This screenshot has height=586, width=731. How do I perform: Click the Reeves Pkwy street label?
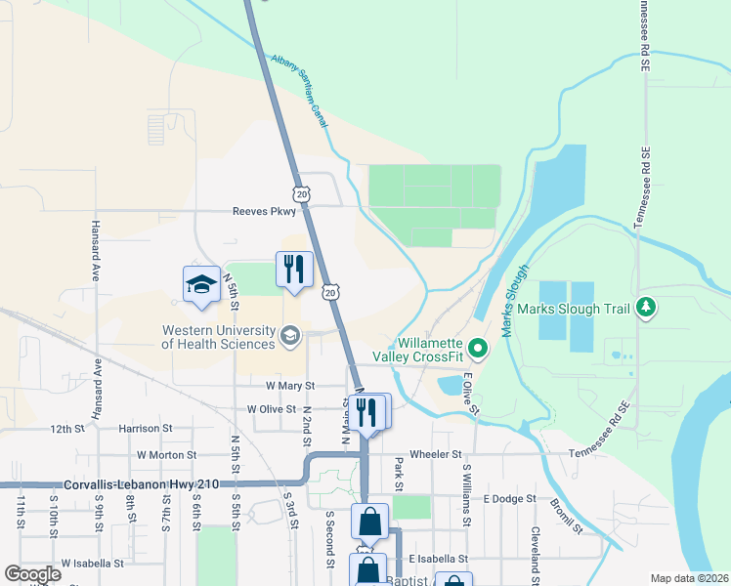tap(264, 211)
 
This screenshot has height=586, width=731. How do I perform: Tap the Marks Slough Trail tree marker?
tap(645, 309)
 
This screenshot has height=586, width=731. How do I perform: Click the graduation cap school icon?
tap(201, 284)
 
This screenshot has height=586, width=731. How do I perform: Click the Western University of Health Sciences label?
tap(218, 337)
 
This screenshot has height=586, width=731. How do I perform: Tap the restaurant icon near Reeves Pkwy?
tap(294, 269)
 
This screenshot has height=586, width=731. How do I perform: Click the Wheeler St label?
tap(436, 454)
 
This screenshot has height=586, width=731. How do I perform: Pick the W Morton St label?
tap(167, 455)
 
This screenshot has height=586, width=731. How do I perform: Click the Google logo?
tap(32, 574)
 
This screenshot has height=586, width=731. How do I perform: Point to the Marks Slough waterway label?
tap(517, 302)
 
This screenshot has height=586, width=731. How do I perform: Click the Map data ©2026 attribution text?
tap(689, 578)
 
